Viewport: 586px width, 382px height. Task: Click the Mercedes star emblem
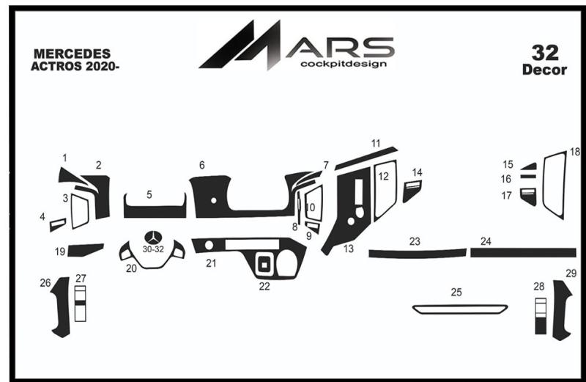(x=153, y=238)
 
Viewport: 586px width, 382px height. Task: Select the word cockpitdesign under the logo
(x=343, y=64)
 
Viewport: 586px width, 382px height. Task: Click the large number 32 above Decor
(x=545, y=53)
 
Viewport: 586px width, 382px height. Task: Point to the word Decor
(x=544, y=70)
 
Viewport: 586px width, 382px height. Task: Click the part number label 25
(x=456, y=293)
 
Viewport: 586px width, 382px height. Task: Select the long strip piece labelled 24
(x=523, y=252)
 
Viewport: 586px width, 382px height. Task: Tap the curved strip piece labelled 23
(x=418, y=254)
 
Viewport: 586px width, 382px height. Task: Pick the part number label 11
(x=376, y=143)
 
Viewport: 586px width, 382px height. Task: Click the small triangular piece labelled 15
(x=530, y=166)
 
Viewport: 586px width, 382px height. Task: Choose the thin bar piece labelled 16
(x=528, y=176)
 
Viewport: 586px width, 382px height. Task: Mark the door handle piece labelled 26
(x=62, y=306)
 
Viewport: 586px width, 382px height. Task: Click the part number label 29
(x=571, y=273)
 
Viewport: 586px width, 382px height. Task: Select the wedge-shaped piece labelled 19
(x=84, y=250)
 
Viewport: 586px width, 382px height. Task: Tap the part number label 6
(x=202, y=165)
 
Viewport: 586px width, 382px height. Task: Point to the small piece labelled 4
(x=58, y=225)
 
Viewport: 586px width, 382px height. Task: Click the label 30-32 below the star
(x=153, y=249)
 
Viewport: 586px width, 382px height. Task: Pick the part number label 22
(x=264, y=286)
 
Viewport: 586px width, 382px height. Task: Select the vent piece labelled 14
(x=412, y=191)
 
